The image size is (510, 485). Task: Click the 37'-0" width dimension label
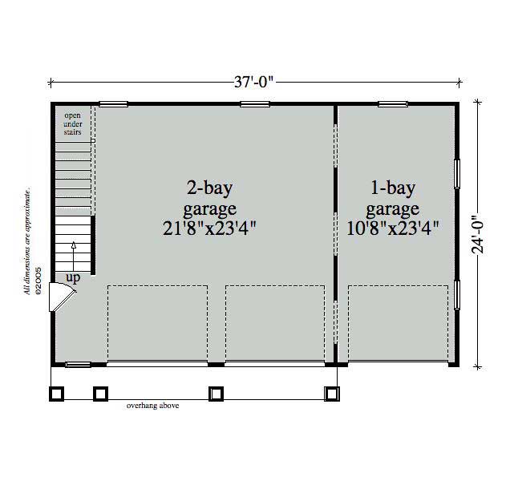(x=256, y=81)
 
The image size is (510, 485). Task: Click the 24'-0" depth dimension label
(x=480, y=233)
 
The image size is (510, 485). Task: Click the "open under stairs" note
(x=73, y=123)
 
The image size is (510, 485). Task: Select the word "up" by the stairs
(x=73, y=278)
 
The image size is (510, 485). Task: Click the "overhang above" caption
(x=152, y=406)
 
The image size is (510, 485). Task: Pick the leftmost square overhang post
(x=56, y=393)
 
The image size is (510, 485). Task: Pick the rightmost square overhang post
(x=330, y=393)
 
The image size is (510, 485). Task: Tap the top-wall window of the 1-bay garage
(x=393, y=103)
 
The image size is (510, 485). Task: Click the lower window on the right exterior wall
(x=457, y=294)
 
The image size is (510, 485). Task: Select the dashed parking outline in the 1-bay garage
(x=398, y=324)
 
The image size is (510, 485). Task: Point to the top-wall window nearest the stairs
(x=113, y=103)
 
